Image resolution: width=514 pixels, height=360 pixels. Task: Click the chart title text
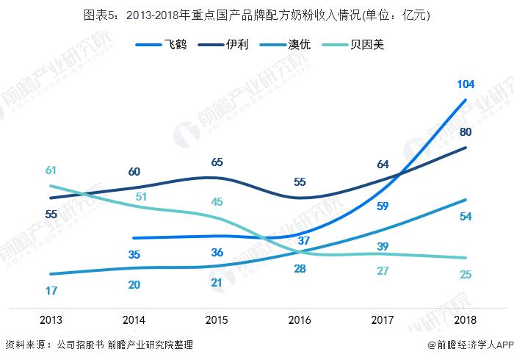[257, 15]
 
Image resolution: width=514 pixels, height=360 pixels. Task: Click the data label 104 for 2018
[465, 84]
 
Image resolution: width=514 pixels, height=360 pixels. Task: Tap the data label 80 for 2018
[465, 132]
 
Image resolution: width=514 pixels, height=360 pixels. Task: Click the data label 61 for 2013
[51, 170]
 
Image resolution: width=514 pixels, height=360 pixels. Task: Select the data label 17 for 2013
[51, 290]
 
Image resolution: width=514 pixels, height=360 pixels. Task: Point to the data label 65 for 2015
[217, 162]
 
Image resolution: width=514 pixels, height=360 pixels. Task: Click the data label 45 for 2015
[217, 201]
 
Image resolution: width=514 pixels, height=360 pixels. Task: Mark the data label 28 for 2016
[299, 269]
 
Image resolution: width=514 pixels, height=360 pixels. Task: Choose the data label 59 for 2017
[382, 206]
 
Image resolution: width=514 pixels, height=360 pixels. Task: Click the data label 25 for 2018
[465, 275]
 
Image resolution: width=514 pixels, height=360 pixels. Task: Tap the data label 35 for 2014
[134, 255]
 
